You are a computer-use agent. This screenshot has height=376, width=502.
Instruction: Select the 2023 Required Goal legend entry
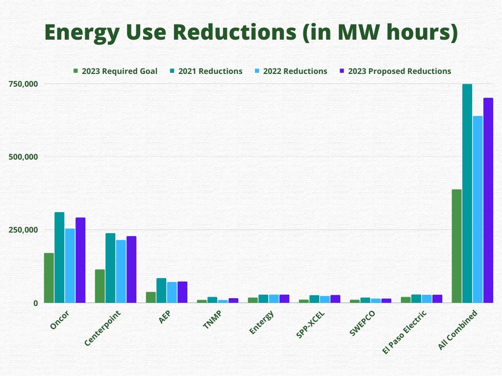tap(115, 71)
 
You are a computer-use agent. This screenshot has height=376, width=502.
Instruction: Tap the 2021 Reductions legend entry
tap(206, 71)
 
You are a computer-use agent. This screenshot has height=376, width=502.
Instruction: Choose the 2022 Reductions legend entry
tap(291, 71)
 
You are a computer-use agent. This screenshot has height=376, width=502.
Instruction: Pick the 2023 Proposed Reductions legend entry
tap(396, 71)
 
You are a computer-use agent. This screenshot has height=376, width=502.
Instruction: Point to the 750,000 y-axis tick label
tap(24, 84)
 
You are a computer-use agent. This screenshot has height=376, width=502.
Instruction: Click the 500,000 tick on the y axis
tap(24, 157)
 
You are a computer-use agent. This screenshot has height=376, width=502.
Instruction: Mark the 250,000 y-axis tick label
tap(24, 230)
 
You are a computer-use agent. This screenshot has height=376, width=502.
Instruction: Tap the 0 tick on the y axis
tap(35, 303)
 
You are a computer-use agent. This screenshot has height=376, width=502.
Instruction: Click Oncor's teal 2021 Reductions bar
tap(59, 258)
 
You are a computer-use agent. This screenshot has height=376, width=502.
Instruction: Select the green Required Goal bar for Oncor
tap(49, 278)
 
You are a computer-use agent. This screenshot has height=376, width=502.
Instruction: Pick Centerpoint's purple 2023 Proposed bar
tap(131, 270)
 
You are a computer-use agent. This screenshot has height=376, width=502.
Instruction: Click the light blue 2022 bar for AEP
tap(172, 292)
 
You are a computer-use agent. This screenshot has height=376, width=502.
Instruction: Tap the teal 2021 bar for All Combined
tap(467, 193)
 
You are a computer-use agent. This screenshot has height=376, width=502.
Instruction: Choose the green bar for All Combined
tap(456, 246)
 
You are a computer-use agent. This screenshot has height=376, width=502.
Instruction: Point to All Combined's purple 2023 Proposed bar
tap(488, 200)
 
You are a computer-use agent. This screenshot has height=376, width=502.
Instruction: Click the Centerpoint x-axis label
tap(102, 328)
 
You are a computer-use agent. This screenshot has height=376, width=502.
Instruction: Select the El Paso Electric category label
tap(404, 332)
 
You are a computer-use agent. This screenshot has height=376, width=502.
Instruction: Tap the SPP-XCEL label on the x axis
tap(310, 324)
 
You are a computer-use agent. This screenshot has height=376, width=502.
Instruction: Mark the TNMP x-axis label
tap(212, 319)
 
